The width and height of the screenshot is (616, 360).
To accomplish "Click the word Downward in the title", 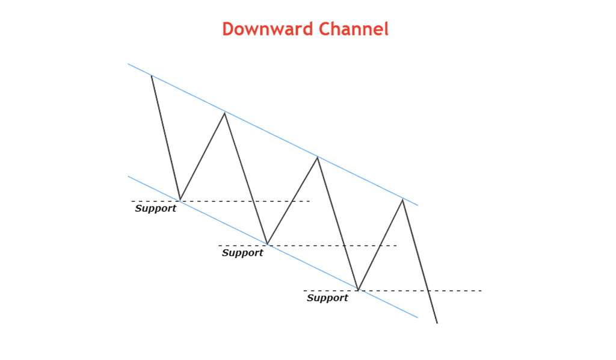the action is point(268,29).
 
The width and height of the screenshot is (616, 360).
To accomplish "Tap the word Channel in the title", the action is point(354,29).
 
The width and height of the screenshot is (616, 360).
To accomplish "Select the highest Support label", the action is point(156,209).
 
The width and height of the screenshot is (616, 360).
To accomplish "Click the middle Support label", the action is point(242,253).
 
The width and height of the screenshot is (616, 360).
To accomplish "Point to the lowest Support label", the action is point(327,299).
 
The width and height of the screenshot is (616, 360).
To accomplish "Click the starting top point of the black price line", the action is point(152,75).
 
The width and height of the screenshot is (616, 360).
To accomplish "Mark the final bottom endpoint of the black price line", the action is point(437,323).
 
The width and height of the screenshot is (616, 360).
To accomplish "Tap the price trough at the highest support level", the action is point(180,200).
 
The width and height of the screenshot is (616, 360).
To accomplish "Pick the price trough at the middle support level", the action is point(267,245).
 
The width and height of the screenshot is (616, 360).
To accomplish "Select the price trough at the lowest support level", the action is point(359,290).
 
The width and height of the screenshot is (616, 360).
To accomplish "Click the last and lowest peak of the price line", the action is point(402,199).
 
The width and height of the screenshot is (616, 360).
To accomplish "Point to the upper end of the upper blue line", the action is point(128,64).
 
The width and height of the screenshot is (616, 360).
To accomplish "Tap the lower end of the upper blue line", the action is point(418,205).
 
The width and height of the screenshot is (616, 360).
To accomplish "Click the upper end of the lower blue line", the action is point(128,176).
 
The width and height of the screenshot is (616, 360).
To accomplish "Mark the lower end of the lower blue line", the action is point(418,317).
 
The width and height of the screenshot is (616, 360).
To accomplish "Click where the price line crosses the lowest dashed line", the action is point(428,291).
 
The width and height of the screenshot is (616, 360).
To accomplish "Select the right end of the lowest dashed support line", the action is point(482,291).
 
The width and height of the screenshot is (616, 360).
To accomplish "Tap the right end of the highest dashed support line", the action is point(310,201).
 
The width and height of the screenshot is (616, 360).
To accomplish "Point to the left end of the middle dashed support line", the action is point(219,246).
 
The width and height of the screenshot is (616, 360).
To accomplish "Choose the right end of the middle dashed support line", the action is point(397,246).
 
